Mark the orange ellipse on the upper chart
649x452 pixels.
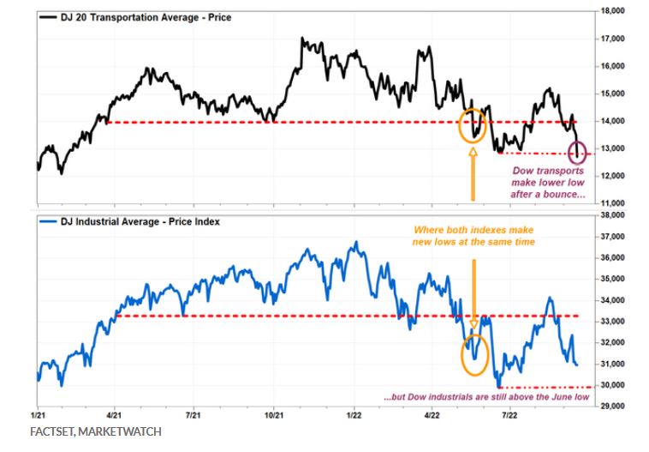tap(473, 125)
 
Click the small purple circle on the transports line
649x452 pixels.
tap(578, 152)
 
